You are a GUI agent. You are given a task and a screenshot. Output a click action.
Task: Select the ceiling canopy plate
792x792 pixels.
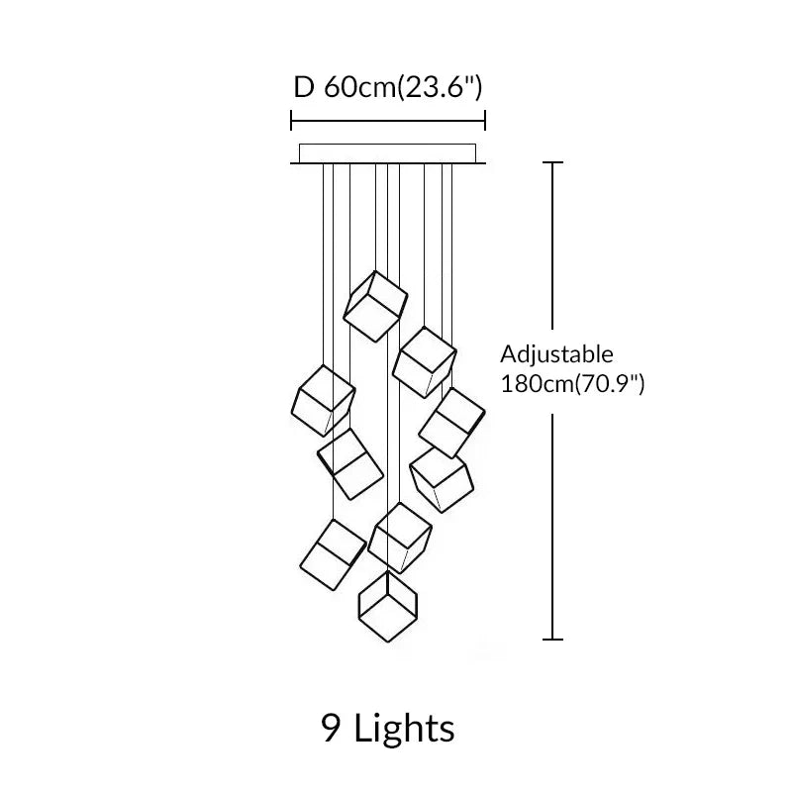click(387, 153)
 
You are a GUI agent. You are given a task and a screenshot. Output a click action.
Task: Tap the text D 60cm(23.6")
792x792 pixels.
click(387, 87)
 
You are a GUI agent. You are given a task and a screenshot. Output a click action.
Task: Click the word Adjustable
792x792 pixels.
click(556, 354)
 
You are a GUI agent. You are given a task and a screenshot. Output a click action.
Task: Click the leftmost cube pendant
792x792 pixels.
click(324, 400)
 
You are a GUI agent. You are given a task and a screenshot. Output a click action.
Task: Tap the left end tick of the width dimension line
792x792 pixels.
click(291, 121)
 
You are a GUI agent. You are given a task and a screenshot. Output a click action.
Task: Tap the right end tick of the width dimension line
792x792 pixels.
click(485, 121)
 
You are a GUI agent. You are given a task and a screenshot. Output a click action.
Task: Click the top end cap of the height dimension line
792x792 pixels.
click(552, 162)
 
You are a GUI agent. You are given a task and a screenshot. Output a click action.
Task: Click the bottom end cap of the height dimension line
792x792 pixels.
click(552, 640)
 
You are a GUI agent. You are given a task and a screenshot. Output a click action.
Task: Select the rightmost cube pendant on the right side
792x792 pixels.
click(451, 422)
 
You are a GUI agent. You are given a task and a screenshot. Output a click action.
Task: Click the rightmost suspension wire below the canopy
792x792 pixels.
click(452, 247)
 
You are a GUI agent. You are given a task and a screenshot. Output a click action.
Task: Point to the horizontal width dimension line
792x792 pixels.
click(387, 121)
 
